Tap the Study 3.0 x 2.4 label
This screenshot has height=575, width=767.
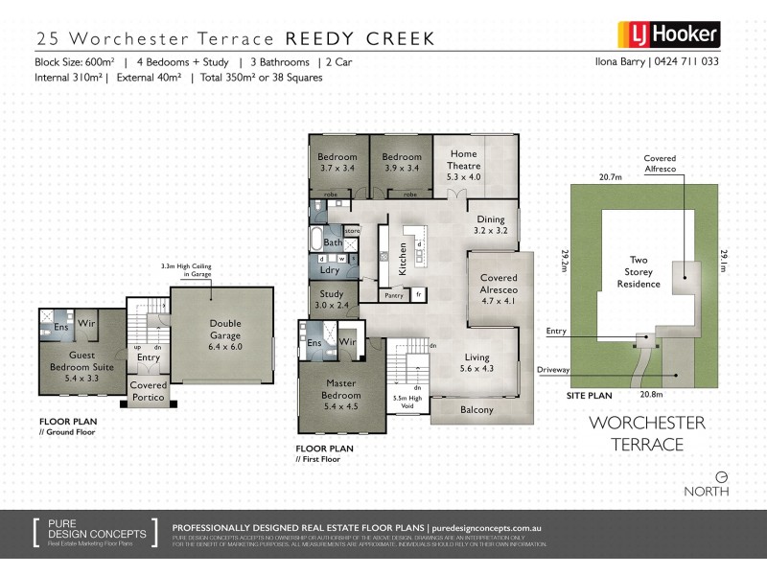pyautogui.click(x=332, y=301)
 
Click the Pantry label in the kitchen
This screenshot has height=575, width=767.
pyautogui.click(x=393, y=296)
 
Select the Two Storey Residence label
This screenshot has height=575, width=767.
pyautogui.click(x=639, y=271)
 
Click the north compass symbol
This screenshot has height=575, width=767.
pyautogui.click(x=721, y=475)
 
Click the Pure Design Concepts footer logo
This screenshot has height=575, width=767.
pyautogui.click(x=91, y=533)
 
